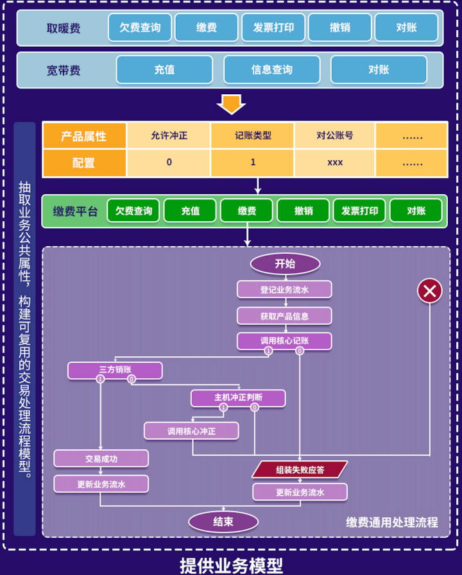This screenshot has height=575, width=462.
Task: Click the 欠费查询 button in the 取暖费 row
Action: click(x=140, y=28)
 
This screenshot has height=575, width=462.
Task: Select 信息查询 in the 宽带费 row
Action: click(x=271, y=69)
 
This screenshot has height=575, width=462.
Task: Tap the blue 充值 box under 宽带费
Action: click(x=164, y=69)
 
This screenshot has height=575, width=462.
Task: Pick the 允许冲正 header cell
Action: click(x=169, y=136)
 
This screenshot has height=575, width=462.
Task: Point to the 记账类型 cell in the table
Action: click(x=253, y=136)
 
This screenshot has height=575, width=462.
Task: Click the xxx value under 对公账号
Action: click(x=335, y=163)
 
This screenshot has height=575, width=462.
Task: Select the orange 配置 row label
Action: click(x=84, y=163)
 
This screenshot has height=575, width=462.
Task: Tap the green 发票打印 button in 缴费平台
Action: click(x=359, y=210)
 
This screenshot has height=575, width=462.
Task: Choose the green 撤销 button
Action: click(x=303, y=210)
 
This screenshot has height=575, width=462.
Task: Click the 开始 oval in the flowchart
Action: click(x=285, y=263)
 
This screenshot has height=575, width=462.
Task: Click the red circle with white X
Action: click(x=429, y=291)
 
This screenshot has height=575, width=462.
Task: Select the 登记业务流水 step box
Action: click(x=284, y=290)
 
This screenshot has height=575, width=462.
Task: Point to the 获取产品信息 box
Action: click(x=284, y=315)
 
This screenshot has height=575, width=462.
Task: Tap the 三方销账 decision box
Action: click(x=115, y=370)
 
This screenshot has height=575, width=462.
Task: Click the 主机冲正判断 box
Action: click(x=238, y=397)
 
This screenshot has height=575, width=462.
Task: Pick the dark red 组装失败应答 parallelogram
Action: click(x=300, y=469)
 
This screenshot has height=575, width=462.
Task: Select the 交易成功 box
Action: click(x=101, y=458)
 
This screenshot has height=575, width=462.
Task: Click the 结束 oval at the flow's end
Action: click(x=223, y=522)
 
